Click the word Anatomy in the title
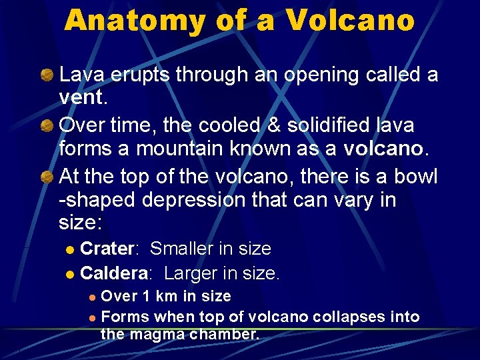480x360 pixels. [x=135, y=21]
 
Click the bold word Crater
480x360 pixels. [x=107, y=249]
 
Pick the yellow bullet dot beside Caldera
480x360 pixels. [x=71, y=274]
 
